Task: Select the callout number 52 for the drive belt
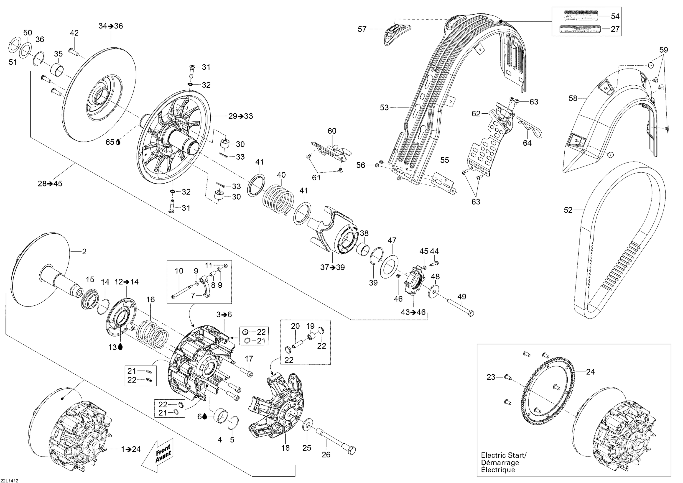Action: tap(568, 210)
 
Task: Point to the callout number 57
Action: tap(362, 29)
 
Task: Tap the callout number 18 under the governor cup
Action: tap(285, 448)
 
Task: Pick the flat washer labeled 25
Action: tap(307, 425)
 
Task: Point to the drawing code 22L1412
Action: tap(10, 480)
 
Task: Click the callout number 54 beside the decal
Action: tap(615, 16)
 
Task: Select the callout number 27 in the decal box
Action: tap(615, 29)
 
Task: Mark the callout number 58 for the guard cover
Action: tap(573, 98)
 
